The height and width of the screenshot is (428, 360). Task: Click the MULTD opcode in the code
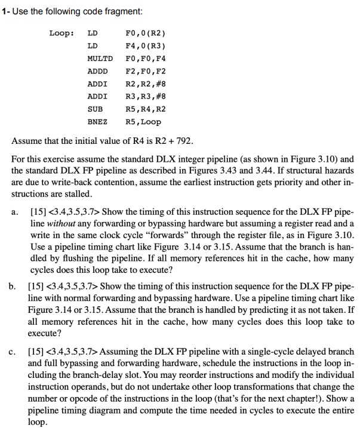100,59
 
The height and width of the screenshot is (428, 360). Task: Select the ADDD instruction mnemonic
97,72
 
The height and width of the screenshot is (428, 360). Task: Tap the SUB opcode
95,109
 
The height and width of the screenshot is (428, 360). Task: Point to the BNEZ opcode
97,122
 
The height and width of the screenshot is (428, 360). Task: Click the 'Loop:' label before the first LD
61,33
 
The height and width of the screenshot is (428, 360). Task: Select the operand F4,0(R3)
145,46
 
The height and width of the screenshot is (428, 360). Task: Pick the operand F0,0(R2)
145,33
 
